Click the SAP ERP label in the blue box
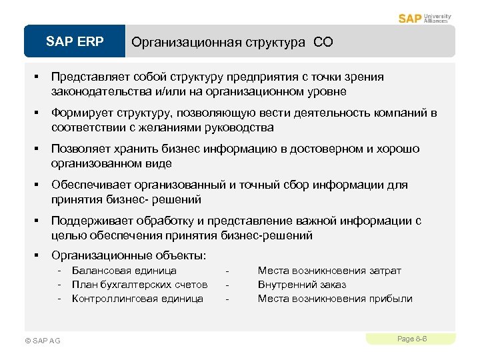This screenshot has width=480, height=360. [75, 42]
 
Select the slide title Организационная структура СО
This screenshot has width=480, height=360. [232, 43]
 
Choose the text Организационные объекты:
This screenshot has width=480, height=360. [129, 255]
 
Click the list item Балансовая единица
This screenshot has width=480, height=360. [124, 271]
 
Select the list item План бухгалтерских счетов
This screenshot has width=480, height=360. [139, 285]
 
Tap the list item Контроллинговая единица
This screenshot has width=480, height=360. [137, 299]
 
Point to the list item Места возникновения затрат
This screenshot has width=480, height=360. [329, 271]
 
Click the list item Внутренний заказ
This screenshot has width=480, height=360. [301, 285]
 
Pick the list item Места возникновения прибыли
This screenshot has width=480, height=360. [335, 299]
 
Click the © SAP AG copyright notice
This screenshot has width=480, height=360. [42, 341]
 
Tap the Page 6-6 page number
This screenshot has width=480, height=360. [411, 339]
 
